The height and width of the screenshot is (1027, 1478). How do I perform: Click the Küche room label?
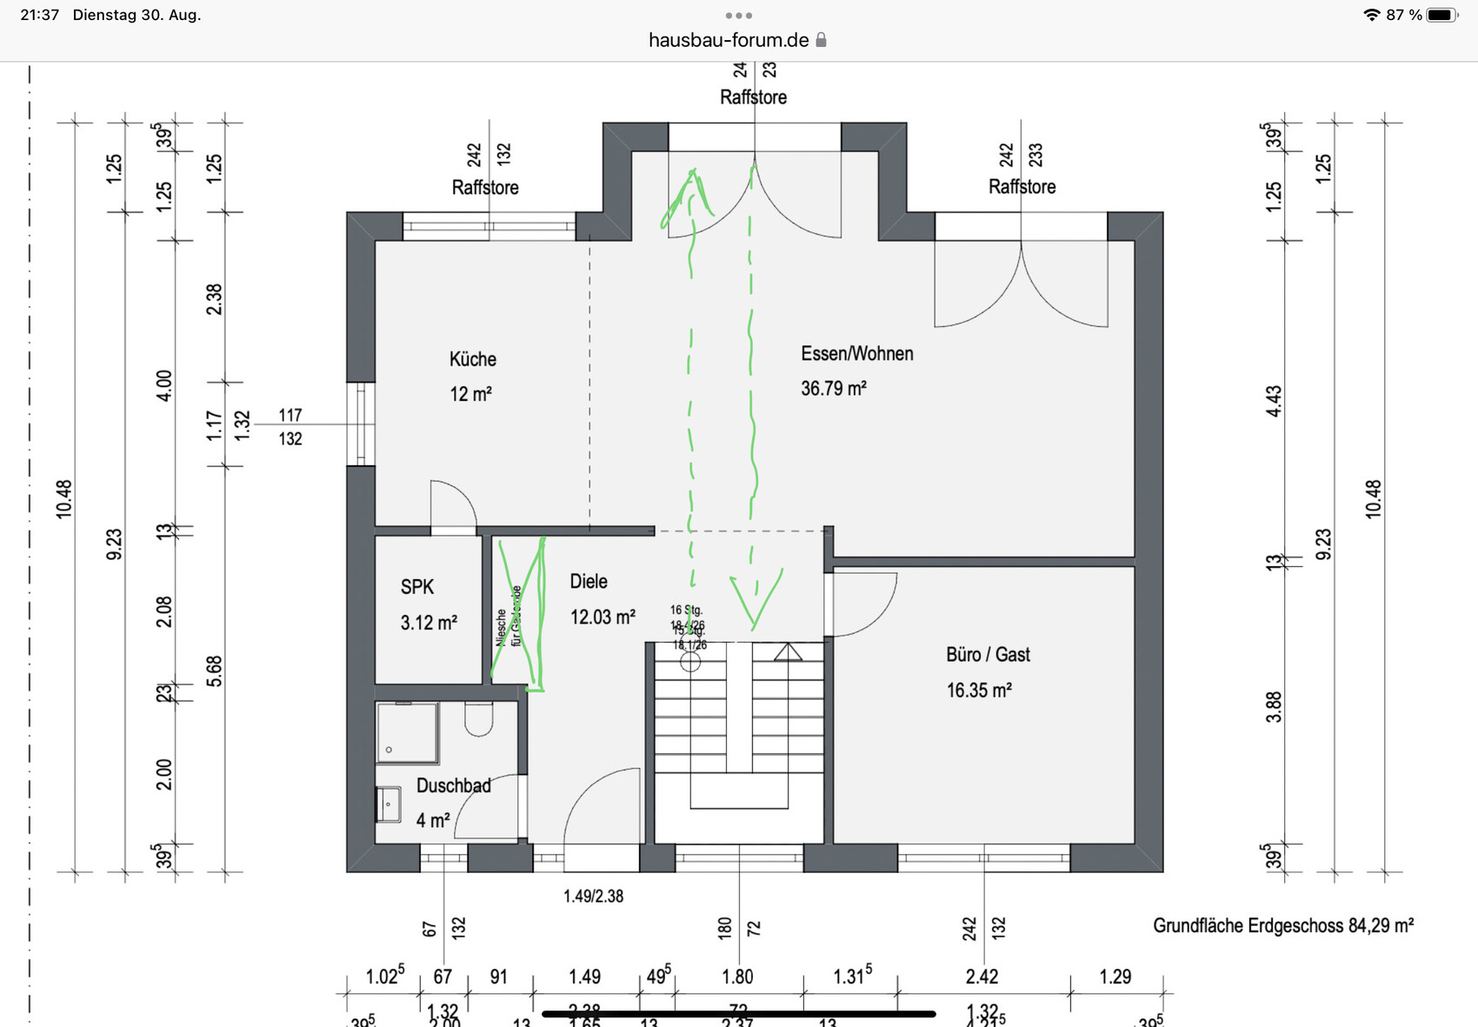pos(472,359)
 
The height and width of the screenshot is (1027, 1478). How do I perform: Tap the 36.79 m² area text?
pos(833,389)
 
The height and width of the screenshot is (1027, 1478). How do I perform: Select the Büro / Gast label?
pos(988,655)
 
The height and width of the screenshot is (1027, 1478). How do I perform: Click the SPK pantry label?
pos(416,587)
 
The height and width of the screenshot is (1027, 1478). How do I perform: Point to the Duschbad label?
pos(453,786)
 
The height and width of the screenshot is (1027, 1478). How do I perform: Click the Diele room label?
pos(589,582)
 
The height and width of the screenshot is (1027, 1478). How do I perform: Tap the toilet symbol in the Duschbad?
pos(478,718)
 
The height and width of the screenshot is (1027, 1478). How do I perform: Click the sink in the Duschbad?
pos(388,804)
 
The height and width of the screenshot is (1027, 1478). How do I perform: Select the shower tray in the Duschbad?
pos(407,733)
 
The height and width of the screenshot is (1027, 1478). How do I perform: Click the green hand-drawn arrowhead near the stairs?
pos(755,597)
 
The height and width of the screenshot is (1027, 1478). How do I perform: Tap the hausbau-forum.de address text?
pos(729,40)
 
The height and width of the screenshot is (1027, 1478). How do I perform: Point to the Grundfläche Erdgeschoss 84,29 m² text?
pos(1282,926)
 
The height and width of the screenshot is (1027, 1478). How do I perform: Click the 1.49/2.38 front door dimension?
pos(593,897)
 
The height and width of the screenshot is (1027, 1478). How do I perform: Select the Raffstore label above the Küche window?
pos(485,188)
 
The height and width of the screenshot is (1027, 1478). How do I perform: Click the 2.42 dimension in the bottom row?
pos(982,977)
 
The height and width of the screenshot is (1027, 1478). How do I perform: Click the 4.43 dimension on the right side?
pos(1274,401)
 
